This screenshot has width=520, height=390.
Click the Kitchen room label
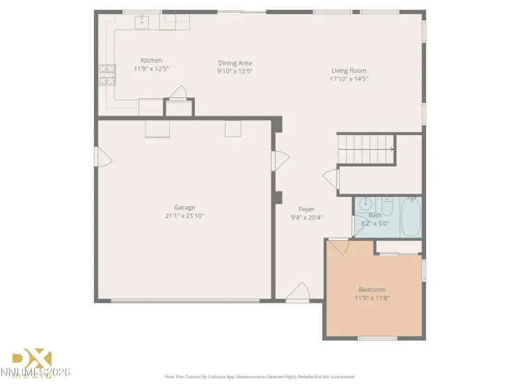(x=151, y=61)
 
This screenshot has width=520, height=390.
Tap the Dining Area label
(x=235, y=63)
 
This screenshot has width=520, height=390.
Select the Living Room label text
(x=348, y=70)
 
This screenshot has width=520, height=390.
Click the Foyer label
(x=306, y=209)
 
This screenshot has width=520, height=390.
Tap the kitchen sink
(x=142, y=22)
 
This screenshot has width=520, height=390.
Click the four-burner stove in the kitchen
(x=107, y=72)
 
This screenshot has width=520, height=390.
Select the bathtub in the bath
(x=409, y=216)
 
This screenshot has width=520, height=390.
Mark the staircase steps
(x=365, y=148)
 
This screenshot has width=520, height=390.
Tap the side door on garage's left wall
(x=103, y=157)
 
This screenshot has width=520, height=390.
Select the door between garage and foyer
(x=280, y=162)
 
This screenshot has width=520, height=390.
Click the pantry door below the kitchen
(x=179, y=94)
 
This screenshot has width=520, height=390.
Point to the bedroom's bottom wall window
(x=372, y=338)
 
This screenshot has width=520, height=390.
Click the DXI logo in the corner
(x=33, y=361)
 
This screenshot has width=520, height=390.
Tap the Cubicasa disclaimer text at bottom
(x=260, y=377)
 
